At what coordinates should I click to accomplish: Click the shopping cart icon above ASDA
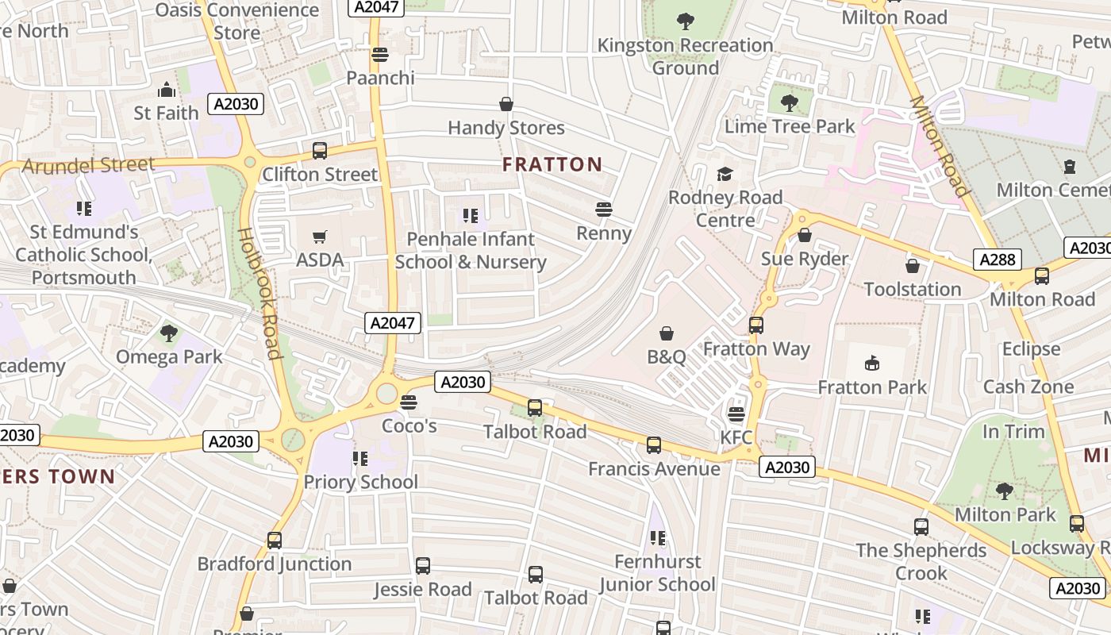pyautogui.click(x=320, y=237)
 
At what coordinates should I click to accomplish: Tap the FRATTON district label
pyautogui.click(x=552, y=164)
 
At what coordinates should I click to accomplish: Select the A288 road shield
pyautogui.click(x=997, y=260)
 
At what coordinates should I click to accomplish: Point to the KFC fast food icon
pyautogui.click(x=736, y=414)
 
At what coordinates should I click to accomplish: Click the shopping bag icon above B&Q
pyautogui.click(x=667, y=333)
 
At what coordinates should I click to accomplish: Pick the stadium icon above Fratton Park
pyautogui.click(x=872, y=364)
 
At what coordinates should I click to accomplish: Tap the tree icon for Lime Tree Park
pyautogui.click(x=789, y=102)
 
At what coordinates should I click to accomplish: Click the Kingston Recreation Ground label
pyautogui.click(x=685, y=56)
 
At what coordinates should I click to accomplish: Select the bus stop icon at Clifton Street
pyautogui.click(x=320, y=151)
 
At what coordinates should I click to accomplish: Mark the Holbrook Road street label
pyautogui.click(x=259, y=294)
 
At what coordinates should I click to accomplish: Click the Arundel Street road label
pyautogui.click(x=88, y=165)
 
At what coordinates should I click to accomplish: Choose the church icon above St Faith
pyautogui.click(x=167, y=89)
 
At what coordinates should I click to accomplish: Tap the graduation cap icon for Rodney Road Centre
pyautogui.click(x=725, y=174)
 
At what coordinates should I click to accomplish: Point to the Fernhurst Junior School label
pyautogui.click(x=658, y=573)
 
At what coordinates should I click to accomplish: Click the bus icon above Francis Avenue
pyautogui.click(x=654, y=445)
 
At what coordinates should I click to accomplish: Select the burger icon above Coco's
pyautogui.click(x=409, y=402)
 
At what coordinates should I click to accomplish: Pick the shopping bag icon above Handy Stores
pyautogui.click(x=506, y=104)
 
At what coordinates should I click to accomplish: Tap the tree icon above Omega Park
pyautogui.click(x=169, y=333)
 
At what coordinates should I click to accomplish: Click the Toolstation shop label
pyautogui.click(x=912, y=289)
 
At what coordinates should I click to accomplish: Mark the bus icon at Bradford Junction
pyautogui.click(x=275, y=541)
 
